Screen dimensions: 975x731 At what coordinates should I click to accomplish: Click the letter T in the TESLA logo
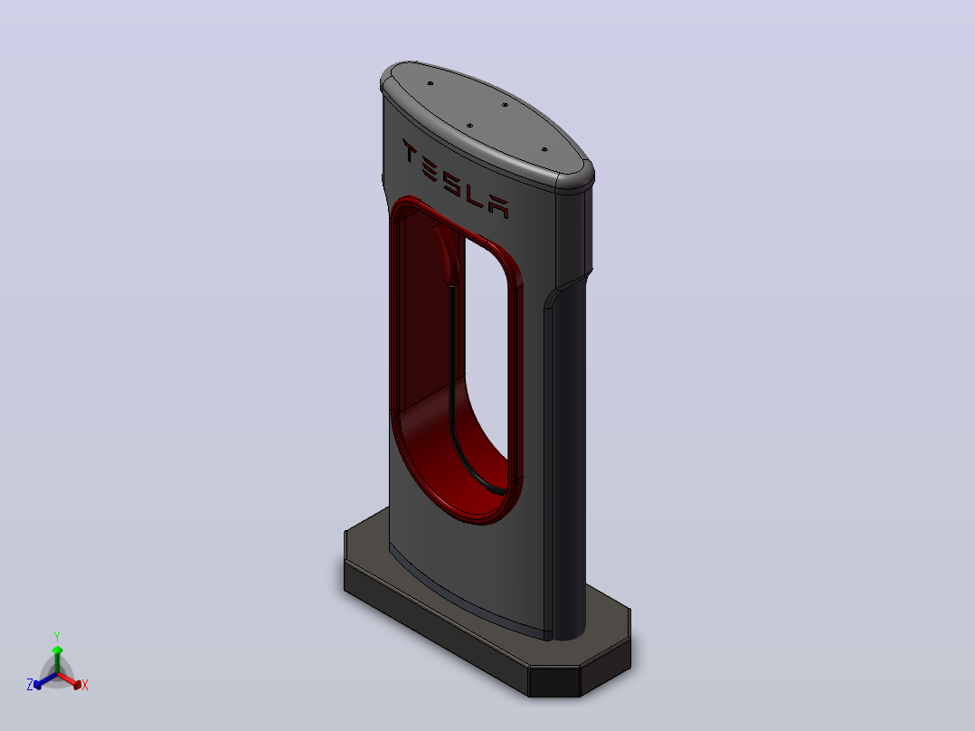[409, 150]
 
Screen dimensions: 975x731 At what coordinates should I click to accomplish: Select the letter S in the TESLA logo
[450, 178]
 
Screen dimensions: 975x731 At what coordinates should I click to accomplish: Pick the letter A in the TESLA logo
[498, 206]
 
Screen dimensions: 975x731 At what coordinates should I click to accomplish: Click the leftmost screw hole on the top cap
[430, 82]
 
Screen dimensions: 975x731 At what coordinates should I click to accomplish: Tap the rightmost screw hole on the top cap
[544, 149]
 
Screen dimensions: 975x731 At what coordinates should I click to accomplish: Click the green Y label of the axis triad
[57, 636]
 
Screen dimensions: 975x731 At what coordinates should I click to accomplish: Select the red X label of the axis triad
[85, 685]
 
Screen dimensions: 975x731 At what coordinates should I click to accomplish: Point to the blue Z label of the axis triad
[30, 685]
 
